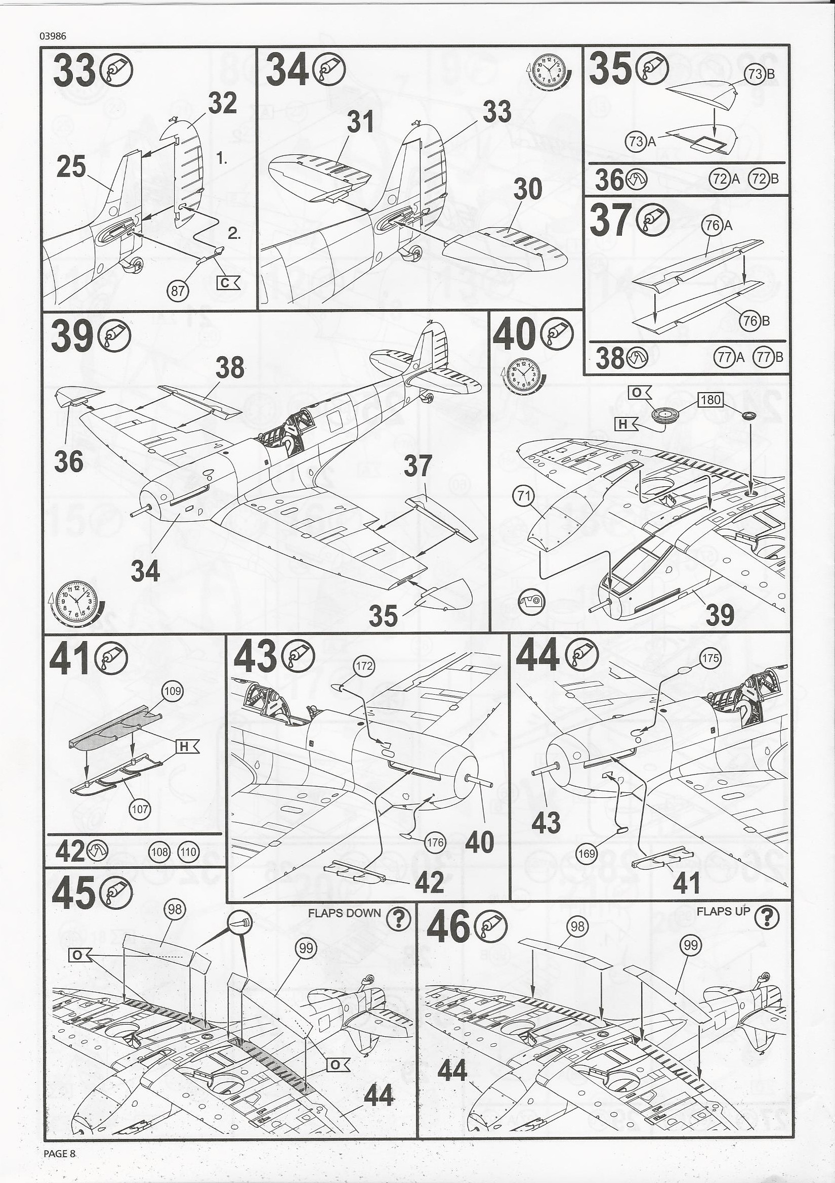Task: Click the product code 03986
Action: coord(52,36)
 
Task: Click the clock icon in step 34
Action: coord(550,72)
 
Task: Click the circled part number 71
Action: coord(523,496)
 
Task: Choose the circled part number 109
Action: coord(172,691)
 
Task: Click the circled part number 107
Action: coord(140,810)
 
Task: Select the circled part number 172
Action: coord(364,666)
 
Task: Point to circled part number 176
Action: coord(435,842)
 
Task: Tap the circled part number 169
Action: coord(587,854)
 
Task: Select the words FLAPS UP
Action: coord(723,911)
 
